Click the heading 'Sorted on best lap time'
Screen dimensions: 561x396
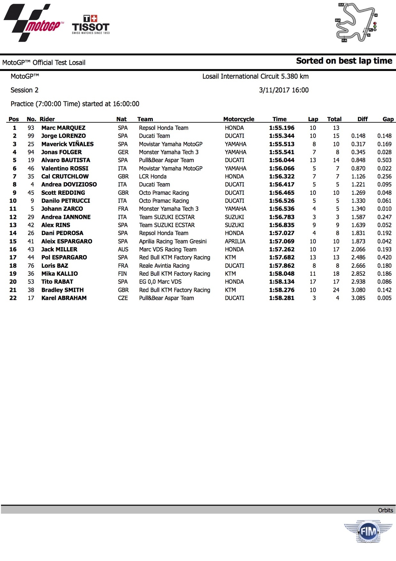(344, 61)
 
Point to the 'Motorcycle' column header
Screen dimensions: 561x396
(239, 119)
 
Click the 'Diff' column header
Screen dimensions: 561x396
(362, 119)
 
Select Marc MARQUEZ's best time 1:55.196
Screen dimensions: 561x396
(281, 128)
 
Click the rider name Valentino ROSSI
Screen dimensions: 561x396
(65, 168)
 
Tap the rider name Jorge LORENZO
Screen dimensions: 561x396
(63, 136)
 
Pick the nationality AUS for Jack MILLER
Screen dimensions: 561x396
(123, 249)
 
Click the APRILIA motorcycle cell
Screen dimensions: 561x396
(235, 241)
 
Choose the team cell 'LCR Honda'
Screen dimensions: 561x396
(152, 176)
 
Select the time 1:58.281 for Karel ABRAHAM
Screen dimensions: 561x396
(281, 298)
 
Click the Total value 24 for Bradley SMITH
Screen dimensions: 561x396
(336, 290)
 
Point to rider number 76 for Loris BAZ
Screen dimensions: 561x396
(31, 265)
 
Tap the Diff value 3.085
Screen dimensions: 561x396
(358, 298)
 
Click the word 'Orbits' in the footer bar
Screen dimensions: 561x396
(385, 510)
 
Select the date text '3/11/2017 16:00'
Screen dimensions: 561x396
(283, 90)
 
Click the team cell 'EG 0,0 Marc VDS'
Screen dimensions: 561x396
(160, 282)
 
